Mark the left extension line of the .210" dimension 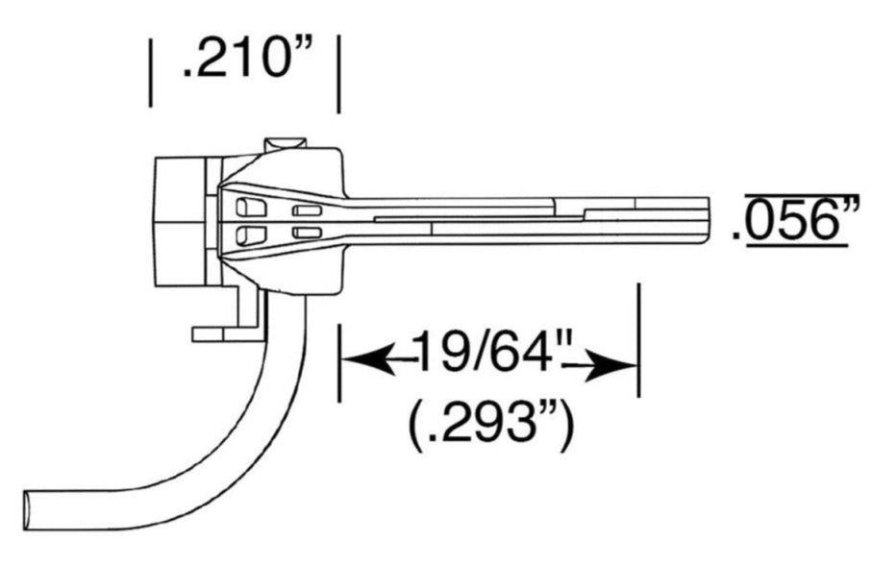[x=150, y=73]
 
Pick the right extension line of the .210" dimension [x=338, y=74]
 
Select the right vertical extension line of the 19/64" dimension [x=639, y=339]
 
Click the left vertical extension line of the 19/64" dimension [x=340, y=362]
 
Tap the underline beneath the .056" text [x=797, y=246]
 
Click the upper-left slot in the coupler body [x=251, y=207]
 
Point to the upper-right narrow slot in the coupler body [x=307, y=210]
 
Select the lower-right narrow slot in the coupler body [x=307, y=233]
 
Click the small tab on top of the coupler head [x=285, y=144]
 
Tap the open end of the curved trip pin [x=26, y=510]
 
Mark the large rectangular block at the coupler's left [x=179, y=222]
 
